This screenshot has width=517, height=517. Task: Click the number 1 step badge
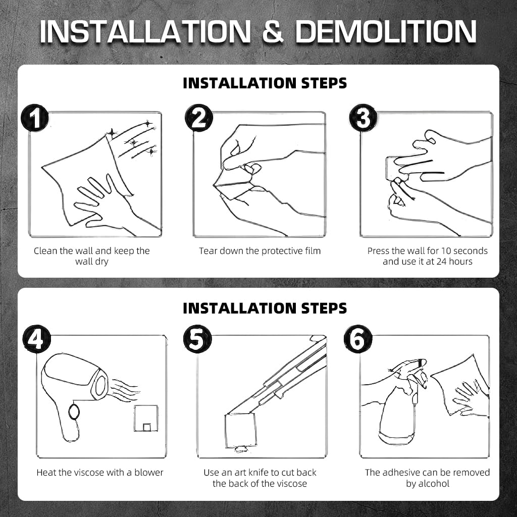pos(35,117)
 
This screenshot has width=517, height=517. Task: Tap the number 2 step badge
pos(199,118)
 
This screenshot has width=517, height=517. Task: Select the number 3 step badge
pos(364,118)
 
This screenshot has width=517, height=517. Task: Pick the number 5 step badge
pos(197,339)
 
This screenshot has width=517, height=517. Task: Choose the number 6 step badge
pos(358,339)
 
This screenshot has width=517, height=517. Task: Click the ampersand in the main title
pos(273,32)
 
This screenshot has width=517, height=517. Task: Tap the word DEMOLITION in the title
pos(386,32)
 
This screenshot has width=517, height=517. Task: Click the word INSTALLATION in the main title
pos(145,32)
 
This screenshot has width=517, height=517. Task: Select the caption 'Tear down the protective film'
pos(260,251)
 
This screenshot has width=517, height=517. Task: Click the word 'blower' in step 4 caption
pos(149,473)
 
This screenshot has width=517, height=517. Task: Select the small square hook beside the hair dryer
pos(146,418)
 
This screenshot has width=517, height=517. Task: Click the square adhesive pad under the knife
pos(240,431)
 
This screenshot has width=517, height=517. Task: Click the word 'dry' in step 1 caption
pos(100,262)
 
